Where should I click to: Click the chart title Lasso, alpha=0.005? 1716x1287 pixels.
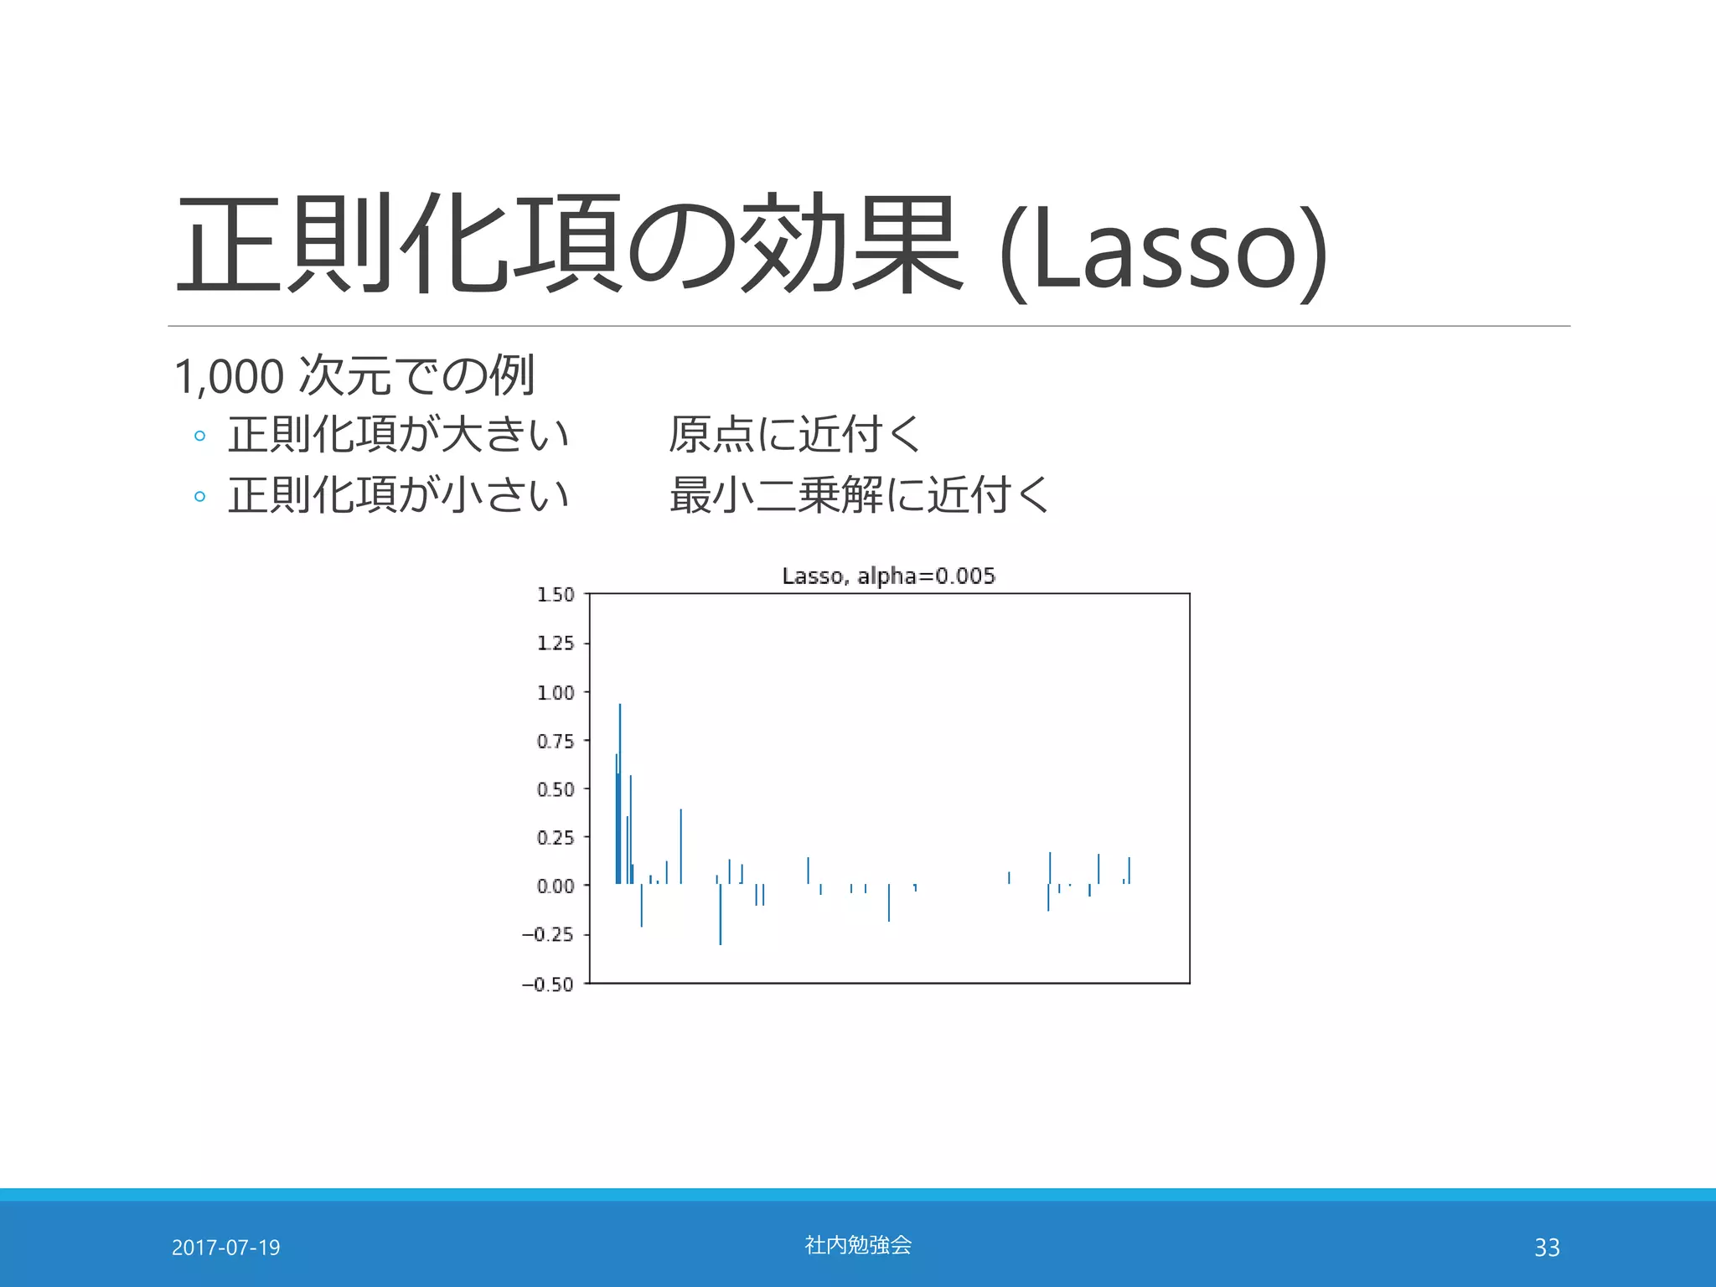[x=888, y=576]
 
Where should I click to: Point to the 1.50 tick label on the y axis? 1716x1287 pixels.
[x=556, y=595]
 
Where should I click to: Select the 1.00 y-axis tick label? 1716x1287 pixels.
[x=556, y=693]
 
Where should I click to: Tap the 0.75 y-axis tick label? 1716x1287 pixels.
[x=556, y=742]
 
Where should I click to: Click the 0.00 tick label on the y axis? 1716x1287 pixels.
[x=556, y=886]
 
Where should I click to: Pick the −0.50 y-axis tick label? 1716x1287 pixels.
[x=548, y=985]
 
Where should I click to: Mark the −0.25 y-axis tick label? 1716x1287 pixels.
[x=548, y=935]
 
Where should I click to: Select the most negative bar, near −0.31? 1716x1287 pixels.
[x=720, y=917]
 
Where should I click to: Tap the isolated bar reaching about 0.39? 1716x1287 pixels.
[x=680, y=846]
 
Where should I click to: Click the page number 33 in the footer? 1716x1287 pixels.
[x=1547, y=1248]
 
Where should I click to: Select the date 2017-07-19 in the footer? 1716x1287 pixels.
[x=225, y=1248]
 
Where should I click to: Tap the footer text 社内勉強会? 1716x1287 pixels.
[x=858, y=1245]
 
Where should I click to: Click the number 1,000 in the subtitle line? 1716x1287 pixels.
[x=229, y=376]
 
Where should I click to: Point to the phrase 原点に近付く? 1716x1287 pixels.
[x=794, y=435]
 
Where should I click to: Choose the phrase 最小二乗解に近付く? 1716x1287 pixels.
[x=859, y=494]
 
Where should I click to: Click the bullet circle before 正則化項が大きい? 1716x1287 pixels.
[x=199, y=436]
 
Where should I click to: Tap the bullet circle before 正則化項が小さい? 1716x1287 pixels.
[x=199, y=496]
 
